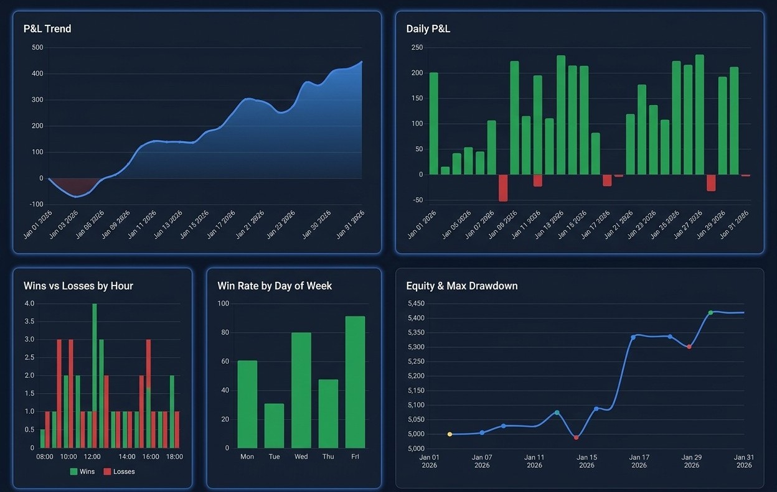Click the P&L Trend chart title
pos(47,29)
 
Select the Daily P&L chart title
pos(428,29)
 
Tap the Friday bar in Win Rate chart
pos(355,383)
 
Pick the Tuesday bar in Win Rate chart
pos(274,426)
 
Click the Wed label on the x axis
pos(301,457)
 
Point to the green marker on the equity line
pos(710,313)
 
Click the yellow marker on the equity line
pos(450,434)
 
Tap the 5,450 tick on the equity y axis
pos(416,304)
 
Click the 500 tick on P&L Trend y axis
pos(37,48)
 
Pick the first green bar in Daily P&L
pos(434,124)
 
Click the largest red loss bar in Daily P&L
pos(503,188)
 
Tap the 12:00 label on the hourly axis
pos(92,457)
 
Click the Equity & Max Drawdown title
pos(461,286)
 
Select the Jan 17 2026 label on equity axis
pos(639,461)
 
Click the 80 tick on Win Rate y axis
pos(224,333)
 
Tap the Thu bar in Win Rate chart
pos(328,414)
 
